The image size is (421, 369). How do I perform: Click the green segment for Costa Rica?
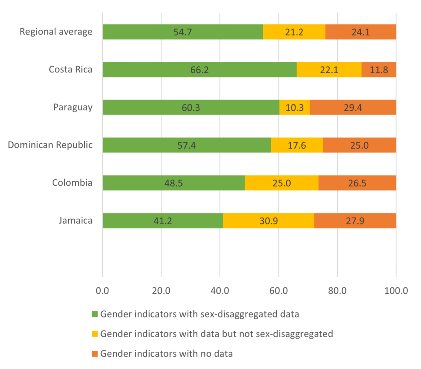pyautogui.click(x=164, y=70)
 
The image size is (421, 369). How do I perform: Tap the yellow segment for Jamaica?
pyautogui.click(x=268, y=221)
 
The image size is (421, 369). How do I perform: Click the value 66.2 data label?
pyautogui.click(x=199, y=70)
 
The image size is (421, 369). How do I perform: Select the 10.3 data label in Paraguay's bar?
pyautogui.click(x=294, y=108)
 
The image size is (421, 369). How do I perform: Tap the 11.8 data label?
pyautogui.click(x=379, y=70)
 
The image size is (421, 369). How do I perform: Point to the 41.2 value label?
pyautogui.click(x=163, y=221)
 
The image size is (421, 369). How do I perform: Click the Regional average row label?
pyautogui.click(x=56, y=32)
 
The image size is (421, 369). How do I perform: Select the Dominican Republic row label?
pyautogui.click(x=50, y=145)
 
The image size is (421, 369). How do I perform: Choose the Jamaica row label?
pyautogui.click(x=75, y=220)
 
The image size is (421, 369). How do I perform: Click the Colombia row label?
pyautogui.click(x=72, y=182)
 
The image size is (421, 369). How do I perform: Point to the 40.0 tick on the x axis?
pyautogui.click(x=220, y=291)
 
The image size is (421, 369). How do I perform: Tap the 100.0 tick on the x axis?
pyautogui.click(x=396, y=291)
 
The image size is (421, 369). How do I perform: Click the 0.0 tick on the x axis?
pyautogui.click(x=102, y=291)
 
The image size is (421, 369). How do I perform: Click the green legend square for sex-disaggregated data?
pyautogui.click(x=95, y=314)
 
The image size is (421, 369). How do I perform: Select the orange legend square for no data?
pyautogui.click(x=95, y=353)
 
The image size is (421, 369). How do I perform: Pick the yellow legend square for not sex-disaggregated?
pyautogui.click(x=95, y=334)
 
